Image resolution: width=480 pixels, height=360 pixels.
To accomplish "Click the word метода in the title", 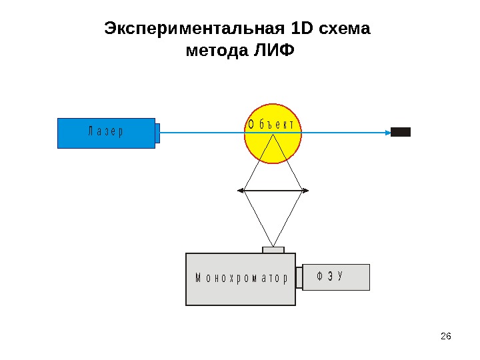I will [217, 51].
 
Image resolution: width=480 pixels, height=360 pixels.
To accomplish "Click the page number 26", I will [447, 335].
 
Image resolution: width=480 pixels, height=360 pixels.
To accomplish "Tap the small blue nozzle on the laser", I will [157, 133].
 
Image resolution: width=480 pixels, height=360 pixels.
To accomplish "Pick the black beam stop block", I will [400, 132].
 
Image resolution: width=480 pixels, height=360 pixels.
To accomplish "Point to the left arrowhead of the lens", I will [241, 191].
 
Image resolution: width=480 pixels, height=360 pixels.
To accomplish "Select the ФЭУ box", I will [336, 277].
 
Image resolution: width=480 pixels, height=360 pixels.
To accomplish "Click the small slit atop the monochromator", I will [273, 250].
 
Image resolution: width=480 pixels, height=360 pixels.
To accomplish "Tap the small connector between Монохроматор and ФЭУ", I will [299, 278].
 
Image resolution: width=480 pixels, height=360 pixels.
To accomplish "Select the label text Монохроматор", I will [241, 279].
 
